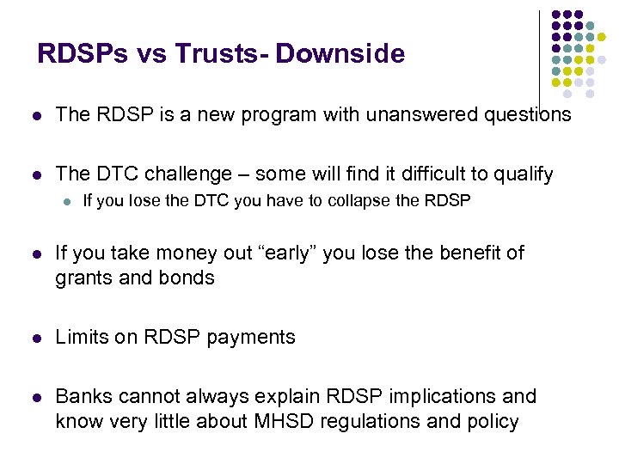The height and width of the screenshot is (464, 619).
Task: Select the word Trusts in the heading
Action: click(x=218, y=54)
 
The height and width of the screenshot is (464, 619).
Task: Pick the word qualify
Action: click(x=523, y=175)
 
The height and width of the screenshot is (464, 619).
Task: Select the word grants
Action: click(x=83, y=278)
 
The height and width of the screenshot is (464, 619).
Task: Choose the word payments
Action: click(x=255, y=338)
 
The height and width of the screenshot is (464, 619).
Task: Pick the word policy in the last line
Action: click(x=493, y=422)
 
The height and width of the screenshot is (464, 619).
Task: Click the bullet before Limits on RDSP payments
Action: click(x=35, y=338)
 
